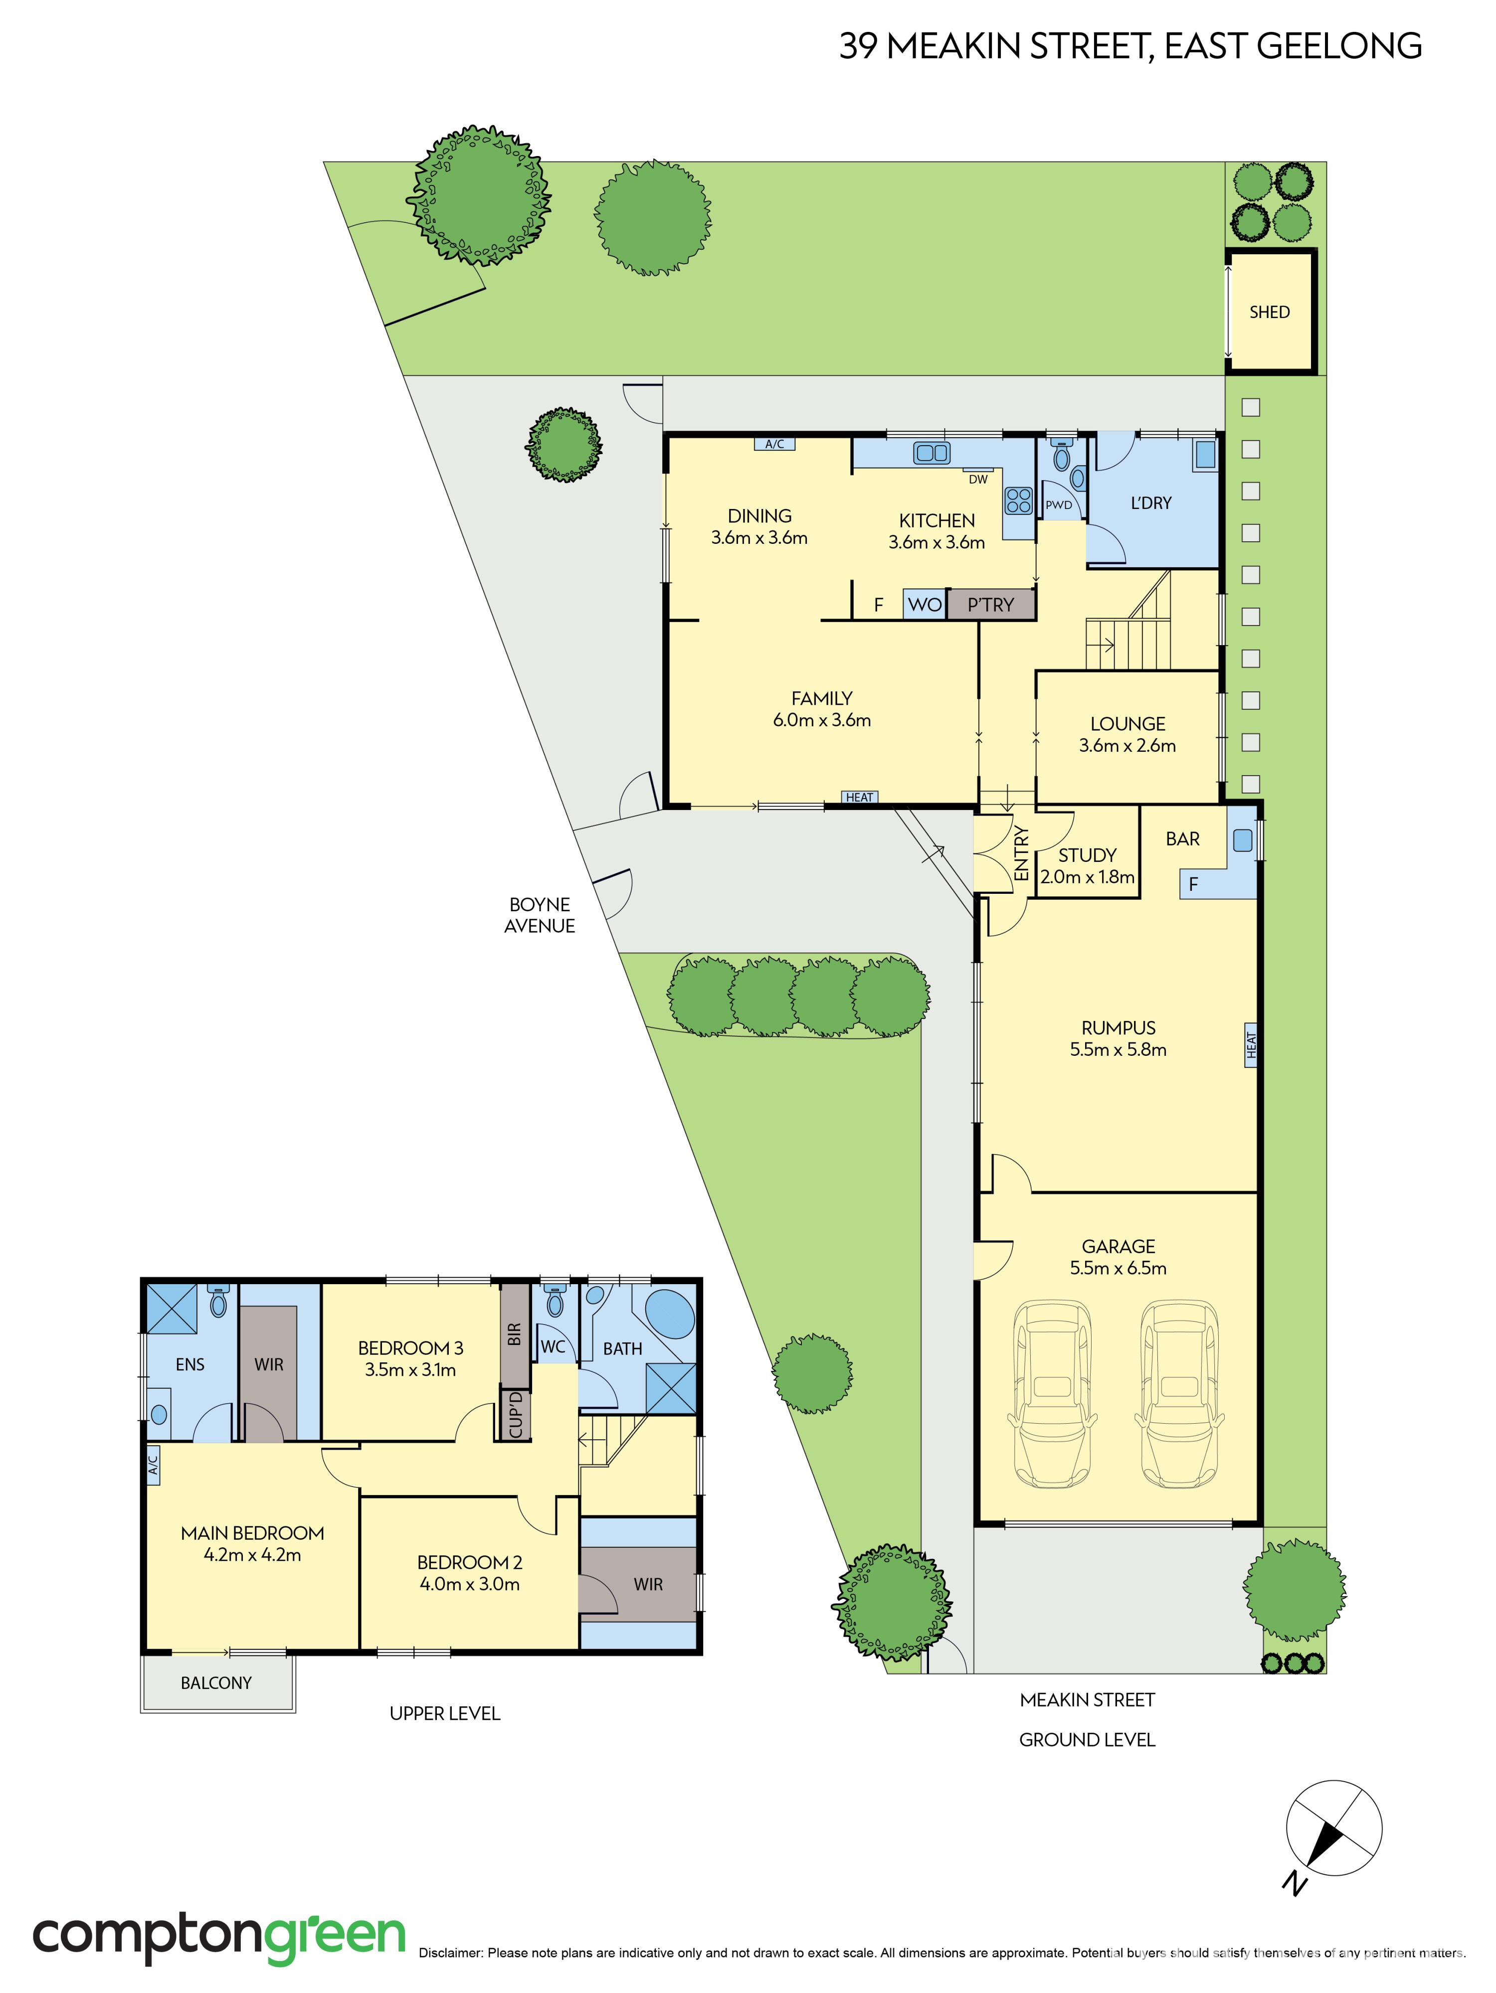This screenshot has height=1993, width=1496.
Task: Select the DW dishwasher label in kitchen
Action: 978,480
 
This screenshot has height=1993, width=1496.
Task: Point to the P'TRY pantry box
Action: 990,605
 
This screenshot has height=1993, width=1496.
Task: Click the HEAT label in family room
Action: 859,798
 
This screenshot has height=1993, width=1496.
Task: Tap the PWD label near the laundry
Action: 1059,505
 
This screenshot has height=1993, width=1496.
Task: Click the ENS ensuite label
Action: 190,1364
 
